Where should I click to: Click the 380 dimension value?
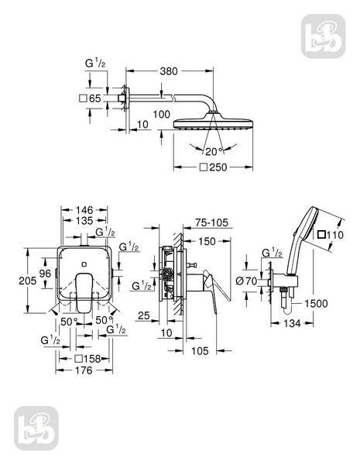point(169,71)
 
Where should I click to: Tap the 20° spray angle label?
point(214,152)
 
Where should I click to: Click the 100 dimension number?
point(162,114)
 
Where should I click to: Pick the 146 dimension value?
point(84,210)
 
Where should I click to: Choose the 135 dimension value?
point(84,221)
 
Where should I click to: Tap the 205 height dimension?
point(28,281)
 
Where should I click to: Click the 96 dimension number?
point(45,273)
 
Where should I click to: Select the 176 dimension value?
point(84,370)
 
